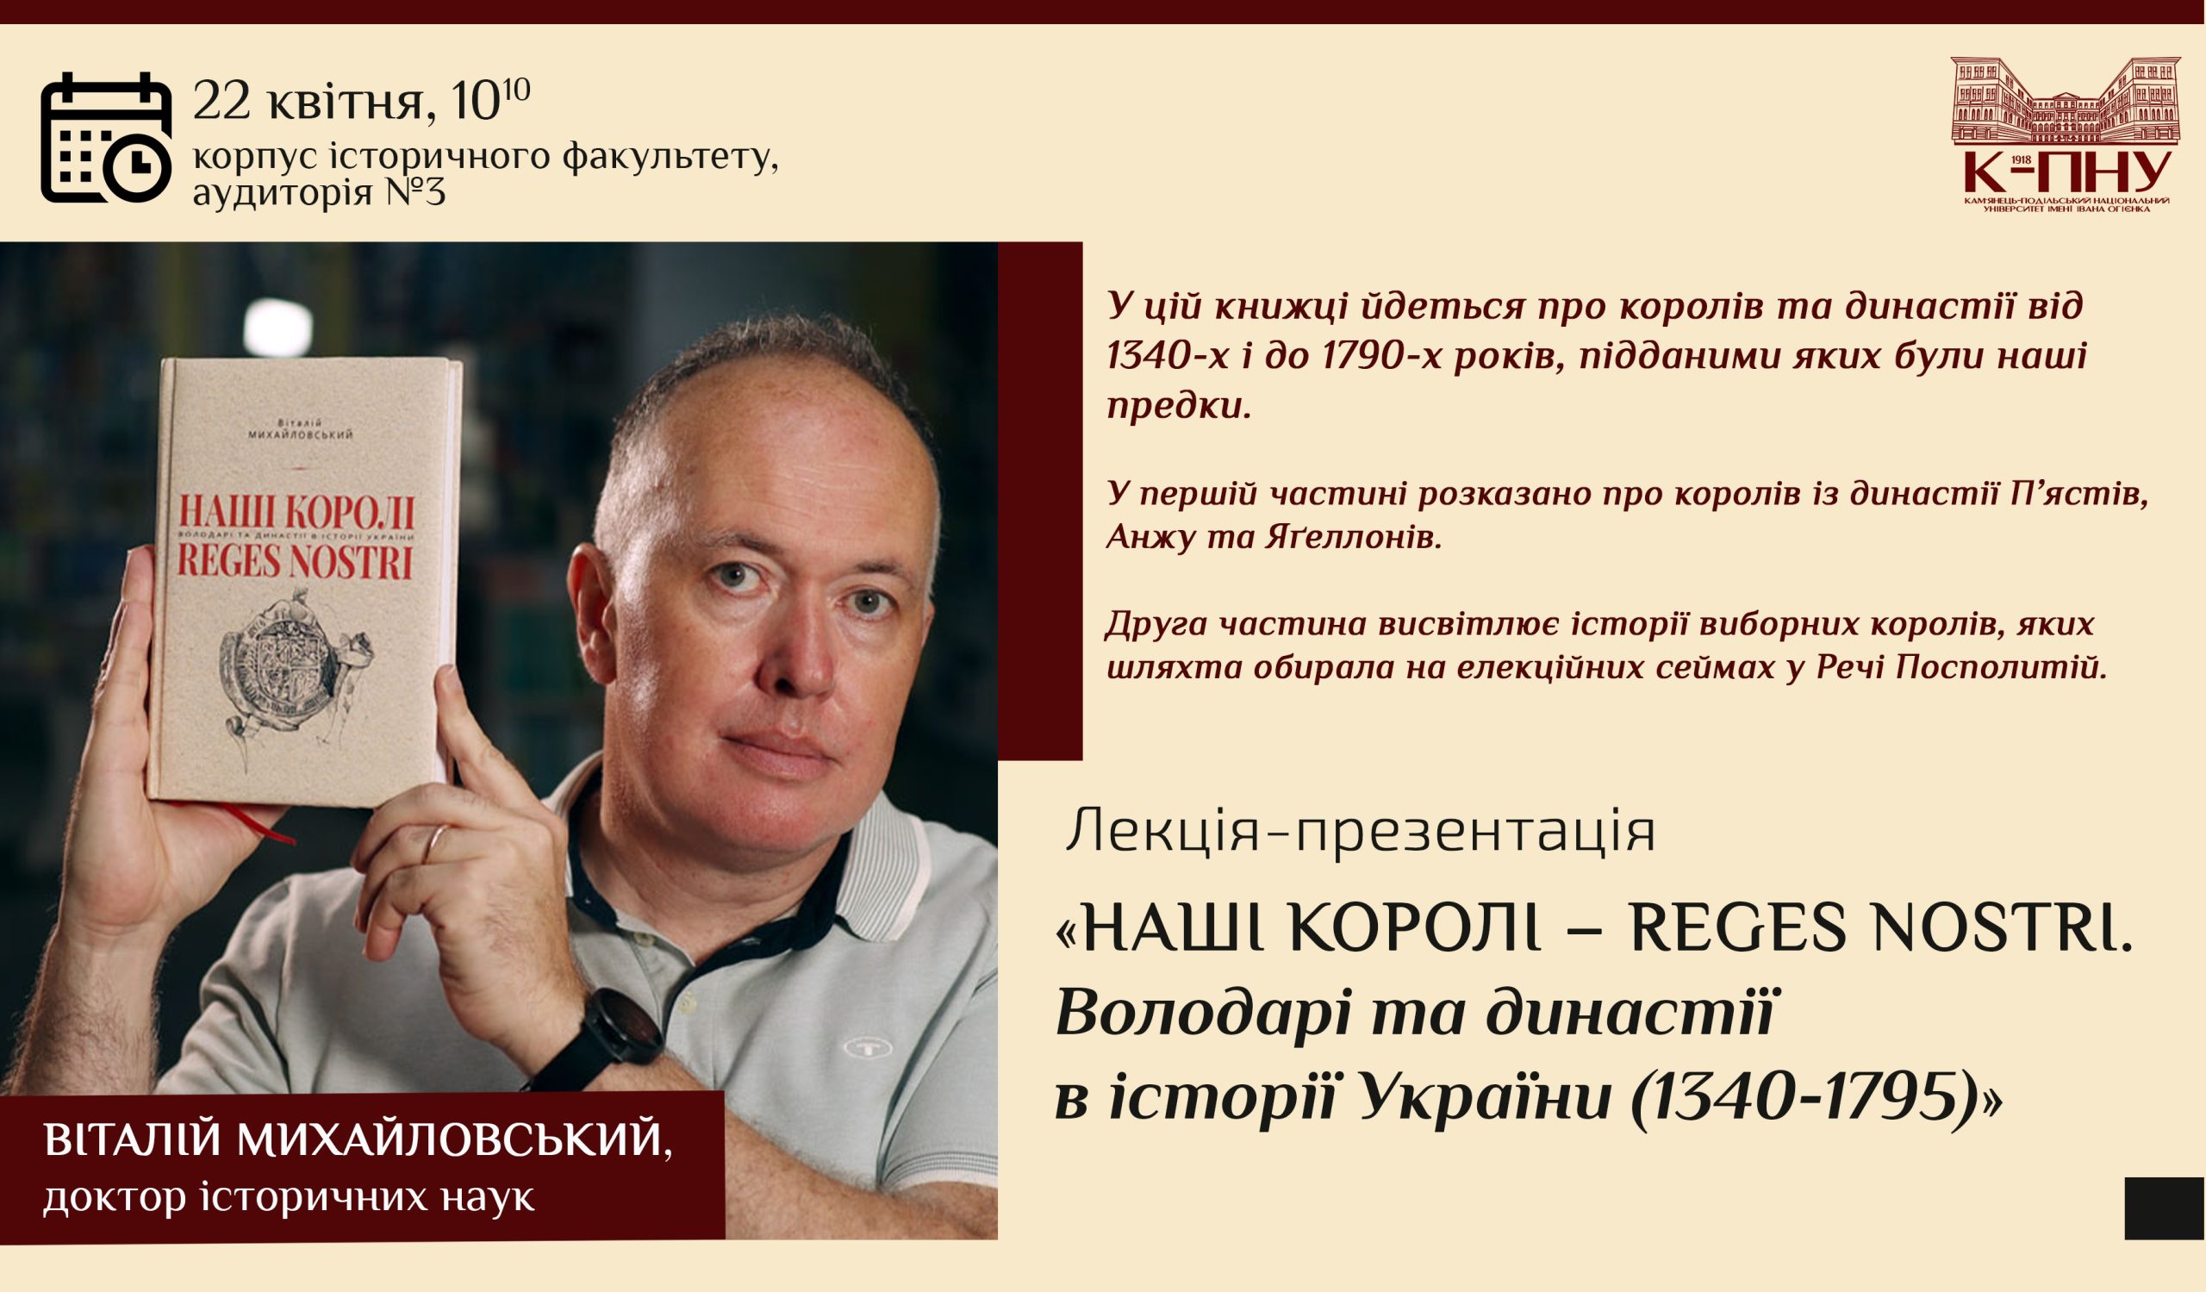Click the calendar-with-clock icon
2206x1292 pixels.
[x=106, y=138]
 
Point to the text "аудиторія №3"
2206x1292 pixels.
[x=319, y=190]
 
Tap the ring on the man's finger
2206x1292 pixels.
[x=434, y=844]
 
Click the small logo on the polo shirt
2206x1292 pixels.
[x=863, y=1046]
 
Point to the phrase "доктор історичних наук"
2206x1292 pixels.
[x=289, y=1197]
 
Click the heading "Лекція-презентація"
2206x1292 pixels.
[x=1361, y=833]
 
